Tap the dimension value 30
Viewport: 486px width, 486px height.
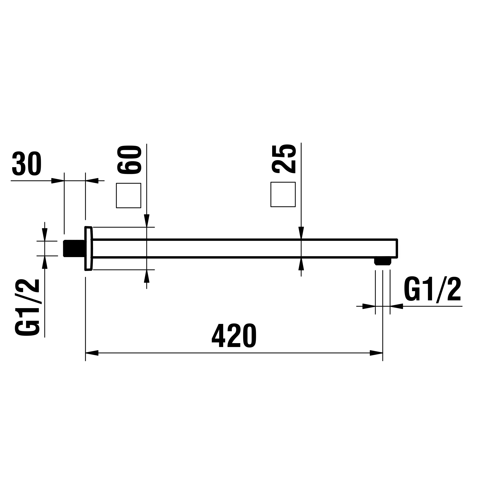(27, 164)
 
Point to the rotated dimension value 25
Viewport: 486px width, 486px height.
(284, 158)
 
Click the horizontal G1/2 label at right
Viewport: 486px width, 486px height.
(432, 290)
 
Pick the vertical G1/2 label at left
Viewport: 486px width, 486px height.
(27, 308)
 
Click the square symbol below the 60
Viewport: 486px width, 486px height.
(128, 195)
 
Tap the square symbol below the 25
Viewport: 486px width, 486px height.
(283, 194)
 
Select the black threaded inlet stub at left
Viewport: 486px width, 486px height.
(73, 248)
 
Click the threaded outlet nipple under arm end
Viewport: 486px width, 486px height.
(383, 261)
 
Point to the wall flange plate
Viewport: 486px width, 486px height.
(88, 248)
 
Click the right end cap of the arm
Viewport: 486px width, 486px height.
(397, 248)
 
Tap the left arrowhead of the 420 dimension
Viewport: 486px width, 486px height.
(92, 353)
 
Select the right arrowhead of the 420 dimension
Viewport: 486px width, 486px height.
(376, 353)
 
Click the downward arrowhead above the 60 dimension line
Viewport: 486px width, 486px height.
(147, 221)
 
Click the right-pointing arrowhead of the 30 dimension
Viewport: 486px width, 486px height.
(57, 181)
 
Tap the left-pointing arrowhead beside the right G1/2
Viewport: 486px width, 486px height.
(396, 306)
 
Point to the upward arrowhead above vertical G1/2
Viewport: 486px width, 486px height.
(45, 262)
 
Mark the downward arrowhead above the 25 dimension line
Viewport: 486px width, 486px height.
(301, 233)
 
